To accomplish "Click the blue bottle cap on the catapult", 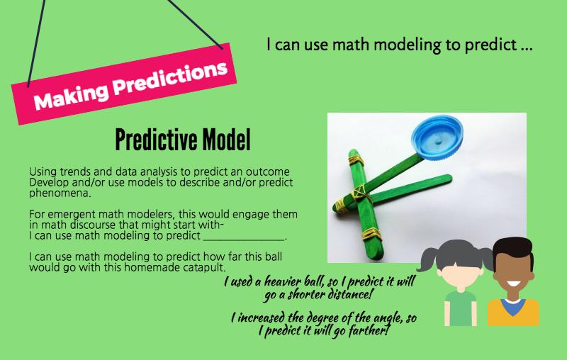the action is (437, 137).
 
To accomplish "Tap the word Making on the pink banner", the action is (71, 96).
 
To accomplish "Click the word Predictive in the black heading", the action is (157, 139).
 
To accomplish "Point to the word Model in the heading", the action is (226, 140).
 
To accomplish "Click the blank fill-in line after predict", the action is (244, 239).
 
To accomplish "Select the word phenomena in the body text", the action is (60, 193).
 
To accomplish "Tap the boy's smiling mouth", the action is (513, 283).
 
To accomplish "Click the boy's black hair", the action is (513, 247).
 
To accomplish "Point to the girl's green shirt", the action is (460, 308).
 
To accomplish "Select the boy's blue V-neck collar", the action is (513, 306).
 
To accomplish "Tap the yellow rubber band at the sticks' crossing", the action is (359, 193).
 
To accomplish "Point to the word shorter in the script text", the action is (307, 295).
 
